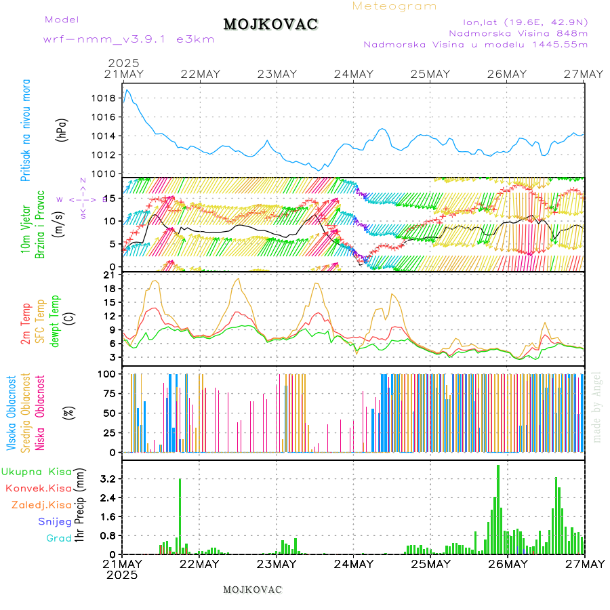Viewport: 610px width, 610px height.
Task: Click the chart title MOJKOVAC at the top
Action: click(x=270, y=24)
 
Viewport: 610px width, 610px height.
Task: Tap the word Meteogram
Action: click(x=394, y=6)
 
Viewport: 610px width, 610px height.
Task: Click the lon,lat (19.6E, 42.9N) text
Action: click(x=525, y=21)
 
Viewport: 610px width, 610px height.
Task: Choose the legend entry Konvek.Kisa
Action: click(x=38, y=488)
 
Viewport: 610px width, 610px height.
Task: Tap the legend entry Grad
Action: click(x=58, y=539)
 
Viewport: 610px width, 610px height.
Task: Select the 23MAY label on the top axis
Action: click(x=277, y=74)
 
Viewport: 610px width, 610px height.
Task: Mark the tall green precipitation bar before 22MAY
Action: click(x=180, y=515)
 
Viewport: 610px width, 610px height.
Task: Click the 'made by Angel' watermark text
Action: click(x=597, y=407)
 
